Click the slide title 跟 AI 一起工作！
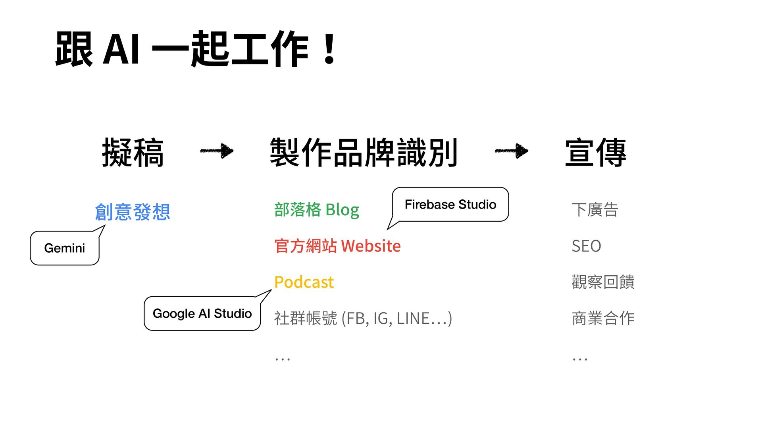click(x=196, y=49)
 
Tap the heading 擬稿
click(x=133, y=153)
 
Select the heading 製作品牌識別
click(x=364, y=153)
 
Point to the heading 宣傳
click(x=595, y=153)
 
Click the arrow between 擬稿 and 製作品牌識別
click(x=217, y=151)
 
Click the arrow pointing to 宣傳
click(x=512, y=151)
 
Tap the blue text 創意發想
click(x=133, y=212)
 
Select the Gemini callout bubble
click(x=65, y=248)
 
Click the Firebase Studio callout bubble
click(x=450, y=204)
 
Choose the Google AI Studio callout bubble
click(x=202, y=313)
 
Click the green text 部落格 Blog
click(x=317, y=210)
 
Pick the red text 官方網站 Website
click(x=337, y=246)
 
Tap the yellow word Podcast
click(x=304, y=282)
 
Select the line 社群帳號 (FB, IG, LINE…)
click(x=363, y=318)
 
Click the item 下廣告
click(x=595, y=210)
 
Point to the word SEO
click(x=586, y=246)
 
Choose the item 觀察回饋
click(x=603, y=282)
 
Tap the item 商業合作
click(x=603, y=318)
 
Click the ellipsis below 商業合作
click(x=580, y=359)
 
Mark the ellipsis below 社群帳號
click(x=283, y=359)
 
